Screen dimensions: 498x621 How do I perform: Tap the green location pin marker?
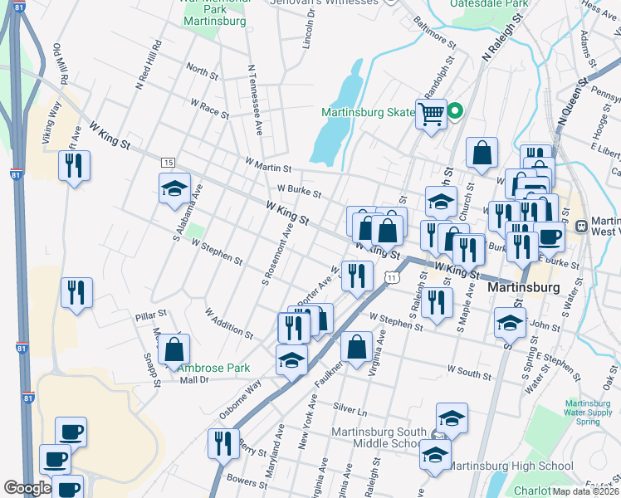455,111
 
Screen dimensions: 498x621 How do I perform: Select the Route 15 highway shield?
168,162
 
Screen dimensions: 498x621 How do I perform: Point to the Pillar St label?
151,316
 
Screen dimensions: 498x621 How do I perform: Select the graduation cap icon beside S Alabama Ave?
175,189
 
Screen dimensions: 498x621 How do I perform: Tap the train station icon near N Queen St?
582,224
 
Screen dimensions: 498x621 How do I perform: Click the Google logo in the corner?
27,488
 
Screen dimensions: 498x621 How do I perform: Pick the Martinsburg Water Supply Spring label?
593,403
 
